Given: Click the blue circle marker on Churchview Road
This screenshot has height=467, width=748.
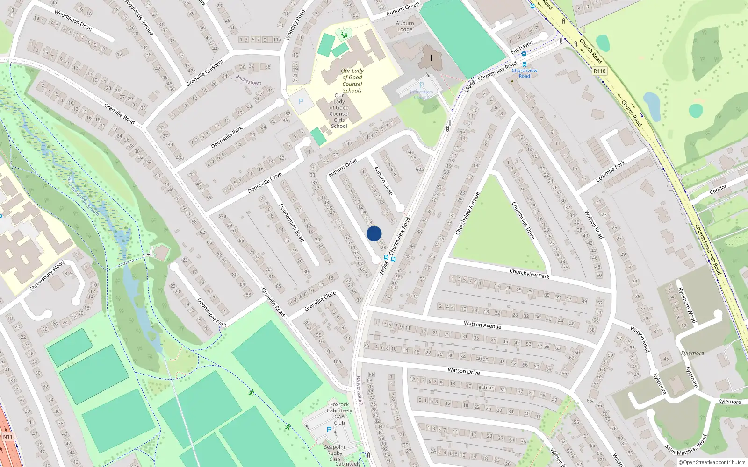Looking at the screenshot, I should [374, 233].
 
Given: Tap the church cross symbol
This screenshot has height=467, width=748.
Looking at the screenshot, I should [431, 57].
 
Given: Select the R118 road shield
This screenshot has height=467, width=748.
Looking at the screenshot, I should [599, 71].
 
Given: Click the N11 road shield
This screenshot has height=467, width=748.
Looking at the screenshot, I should [8, 437].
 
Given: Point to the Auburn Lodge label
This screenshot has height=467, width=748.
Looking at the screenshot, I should [405, 27].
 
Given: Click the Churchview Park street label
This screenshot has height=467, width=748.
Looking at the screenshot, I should [529, 274].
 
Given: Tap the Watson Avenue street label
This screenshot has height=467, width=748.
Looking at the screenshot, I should [482, 325].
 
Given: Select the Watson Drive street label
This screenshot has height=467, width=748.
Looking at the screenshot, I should [464, 371].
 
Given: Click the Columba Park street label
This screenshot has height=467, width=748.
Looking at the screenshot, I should [610, 172].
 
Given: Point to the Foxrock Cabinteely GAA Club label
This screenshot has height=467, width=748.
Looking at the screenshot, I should [339, 414].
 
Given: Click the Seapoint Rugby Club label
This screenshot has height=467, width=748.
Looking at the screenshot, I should [335, 453].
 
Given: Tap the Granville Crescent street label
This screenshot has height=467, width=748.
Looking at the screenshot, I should [205, 72].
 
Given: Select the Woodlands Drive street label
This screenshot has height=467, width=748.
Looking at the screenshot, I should [73, 20].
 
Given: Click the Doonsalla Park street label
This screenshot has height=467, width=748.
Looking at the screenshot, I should [227, 137].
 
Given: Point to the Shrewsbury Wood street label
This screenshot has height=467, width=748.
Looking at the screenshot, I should [47, 276].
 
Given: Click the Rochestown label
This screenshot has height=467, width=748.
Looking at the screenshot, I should [248, 80].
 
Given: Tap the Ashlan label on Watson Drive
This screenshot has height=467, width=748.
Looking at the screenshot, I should [486, 388].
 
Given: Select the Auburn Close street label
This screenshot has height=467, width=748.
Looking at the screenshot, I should [383, 181].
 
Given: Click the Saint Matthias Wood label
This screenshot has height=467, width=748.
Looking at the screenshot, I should [686, 445].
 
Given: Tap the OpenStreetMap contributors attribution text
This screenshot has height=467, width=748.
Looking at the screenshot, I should [712, 462].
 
